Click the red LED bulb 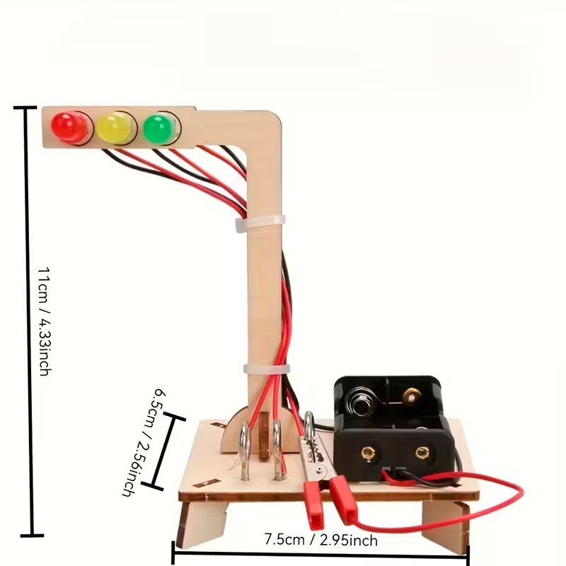click(67, 127)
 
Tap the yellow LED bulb click(113, 128)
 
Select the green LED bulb click(158, 128)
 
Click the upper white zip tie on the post click(260, 222)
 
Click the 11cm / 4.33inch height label click(44, 320)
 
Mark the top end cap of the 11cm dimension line click(24, 108)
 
